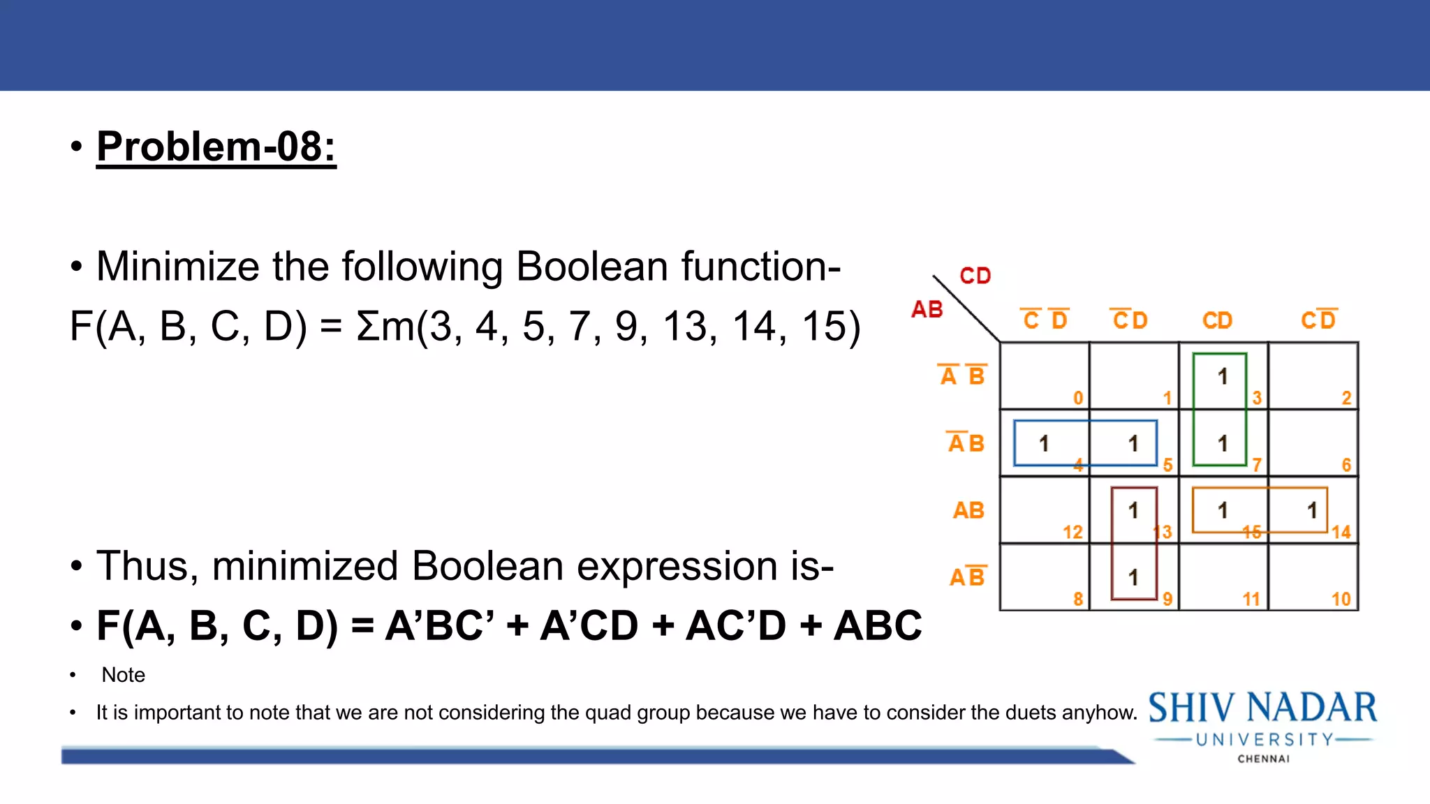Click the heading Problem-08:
(x=216, y=147)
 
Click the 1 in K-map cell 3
(x=1222, y=377)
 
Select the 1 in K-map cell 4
(x=1044, y=444)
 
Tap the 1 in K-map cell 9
(x=1133, y=578)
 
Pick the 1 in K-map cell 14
(x=1312, y=511)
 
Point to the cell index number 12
(x=1072, y=533)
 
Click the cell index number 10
(x=1341, y=600)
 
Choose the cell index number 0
(x=1078, y=399)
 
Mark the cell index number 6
(x=1346, y=466)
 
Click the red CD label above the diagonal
(x=975, y=276)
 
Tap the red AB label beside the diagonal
(x=927, y=309)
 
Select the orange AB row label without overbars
(x=968, y=511)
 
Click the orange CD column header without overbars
(x=1217, y=321)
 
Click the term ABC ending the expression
(x=878, y=625)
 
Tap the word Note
(x=124, y=675)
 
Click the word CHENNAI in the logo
(x=1263, y=759)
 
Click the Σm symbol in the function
(x=385, y=327)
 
